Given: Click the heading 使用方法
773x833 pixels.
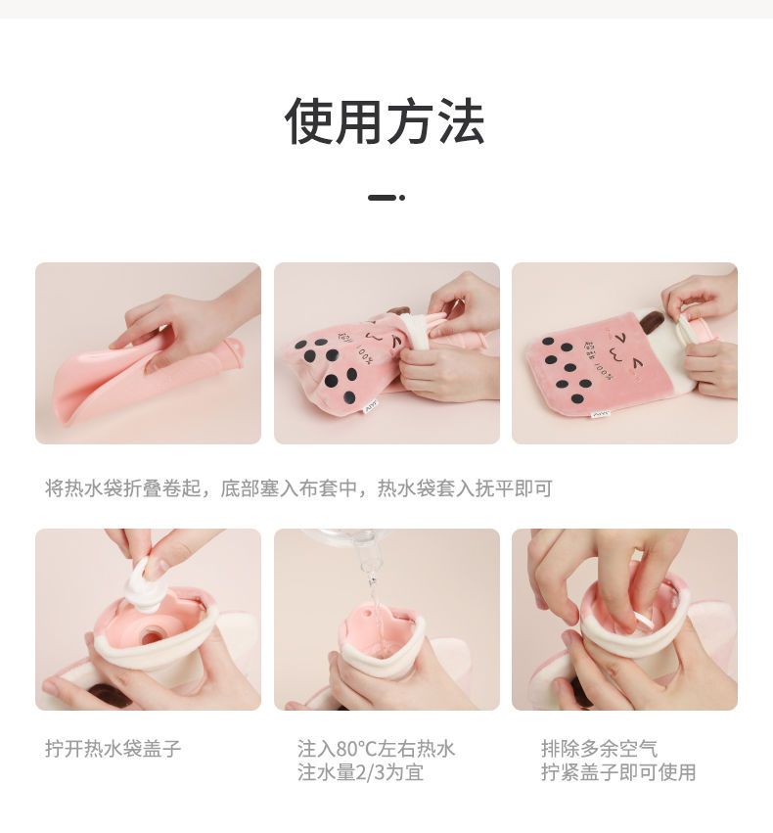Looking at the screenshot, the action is tap(385, 121).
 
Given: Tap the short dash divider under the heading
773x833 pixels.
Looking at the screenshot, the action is tap(386, 198).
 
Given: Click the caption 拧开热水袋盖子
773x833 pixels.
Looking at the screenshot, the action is tap(114, 749).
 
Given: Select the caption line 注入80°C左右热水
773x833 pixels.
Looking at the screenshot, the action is tap(376, 749).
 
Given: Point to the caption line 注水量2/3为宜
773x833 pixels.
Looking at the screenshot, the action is tap(360, 772).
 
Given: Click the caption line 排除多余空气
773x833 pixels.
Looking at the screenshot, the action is tap(600, 749).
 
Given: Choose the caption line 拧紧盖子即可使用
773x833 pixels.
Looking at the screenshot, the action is tap(618, 772).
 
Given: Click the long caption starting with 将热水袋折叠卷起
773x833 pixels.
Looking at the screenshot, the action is tap(298, 487).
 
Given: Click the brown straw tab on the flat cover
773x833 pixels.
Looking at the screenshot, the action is tap(650, 320).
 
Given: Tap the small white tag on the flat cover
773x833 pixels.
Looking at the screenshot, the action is tap(601, 413).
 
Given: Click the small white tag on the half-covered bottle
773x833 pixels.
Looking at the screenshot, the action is tap(370, 407).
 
